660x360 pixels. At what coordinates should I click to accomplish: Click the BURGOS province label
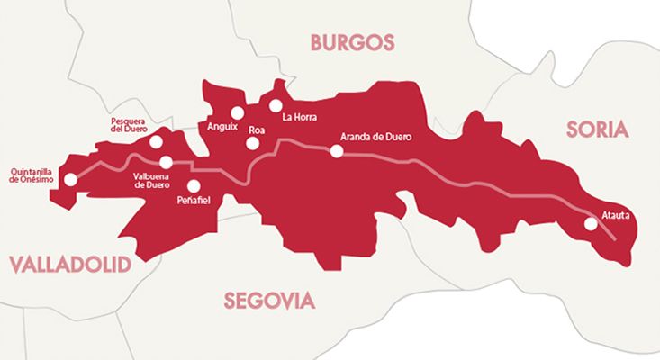[352, 41]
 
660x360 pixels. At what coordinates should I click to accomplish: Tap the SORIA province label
[595, 129]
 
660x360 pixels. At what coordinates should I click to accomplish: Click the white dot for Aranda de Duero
[337, 151]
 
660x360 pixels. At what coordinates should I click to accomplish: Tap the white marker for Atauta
[591, 224]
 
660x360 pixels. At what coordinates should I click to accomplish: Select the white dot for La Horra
[275, 105]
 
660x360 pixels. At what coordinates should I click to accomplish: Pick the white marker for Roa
[253, 142]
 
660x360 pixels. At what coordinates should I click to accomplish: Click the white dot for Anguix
[237, 112]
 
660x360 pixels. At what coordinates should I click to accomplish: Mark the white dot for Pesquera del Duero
[157, 141]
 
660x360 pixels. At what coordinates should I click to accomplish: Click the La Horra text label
[299, 117]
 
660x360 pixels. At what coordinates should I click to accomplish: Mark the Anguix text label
[222, 127]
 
